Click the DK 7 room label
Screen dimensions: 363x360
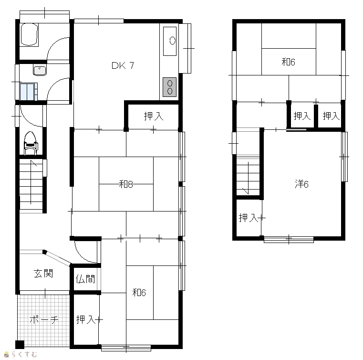tap(123, 65)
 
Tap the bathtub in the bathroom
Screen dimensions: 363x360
tap(29, 34)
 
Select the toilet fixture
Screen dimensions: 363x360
tap(31, 143)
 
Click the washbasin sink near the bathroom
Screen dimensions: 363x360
tap(40, 70)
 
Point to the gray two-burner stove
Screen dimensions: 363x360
tap(170, 87)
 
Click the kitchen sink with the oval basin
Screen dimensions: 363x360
tap(170, 41)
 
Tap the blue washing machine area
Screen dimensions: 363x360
tap(27, 92)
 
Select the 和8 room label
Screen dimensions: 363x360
tap(126, 184)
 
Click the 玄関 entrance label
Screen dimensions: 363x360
tap(43, 274)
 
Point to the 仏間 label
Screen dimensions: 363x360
tap(85, 279)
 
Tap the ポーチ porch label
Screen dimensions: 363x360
tap(44, 320)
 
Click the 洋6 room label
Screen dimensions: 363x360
tap(301, 184)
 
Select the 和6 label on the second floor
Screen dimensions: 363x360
tap(288, 62)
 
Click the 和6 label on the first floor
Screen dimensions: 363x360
tap(139, 293)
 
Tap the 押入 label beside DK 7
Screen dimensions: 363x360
tap(154, 116)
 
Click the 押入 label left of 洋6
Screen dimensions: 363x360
tap(248, 218)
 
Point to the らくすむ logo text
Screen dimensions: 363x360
tap(24, 354)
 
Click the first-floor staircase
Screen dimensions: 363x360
tap(31, 184)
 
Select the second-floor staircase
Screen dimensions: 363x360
tap(248, 177)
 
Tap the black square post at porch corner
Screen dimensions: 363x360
tap(20, 344)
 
